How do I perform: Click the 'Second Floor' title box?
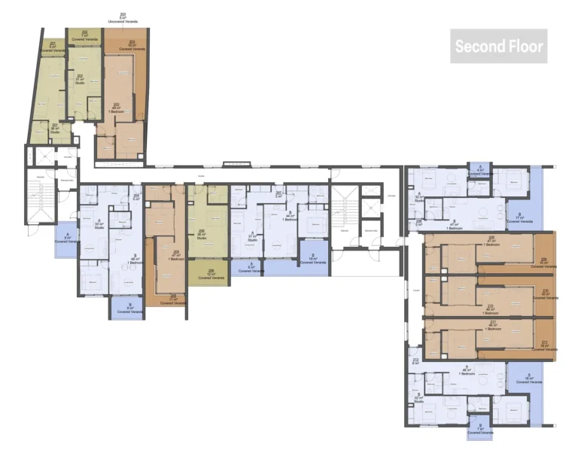coord(498,47)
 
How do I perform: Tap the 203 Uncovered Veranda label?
coord(123,17)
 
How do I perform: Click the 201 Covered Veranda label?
coord(52,47)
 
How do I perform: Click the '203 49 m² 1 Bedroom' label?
coord(117,108)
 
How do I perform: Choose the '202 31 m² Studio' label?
coord(80,79)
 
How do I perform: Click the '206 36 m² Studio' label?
coord(201,233)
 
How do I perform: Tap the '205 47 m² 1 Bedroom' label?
coord(175,254)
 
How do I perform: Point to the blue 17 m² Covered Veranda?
coord(519,216)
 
